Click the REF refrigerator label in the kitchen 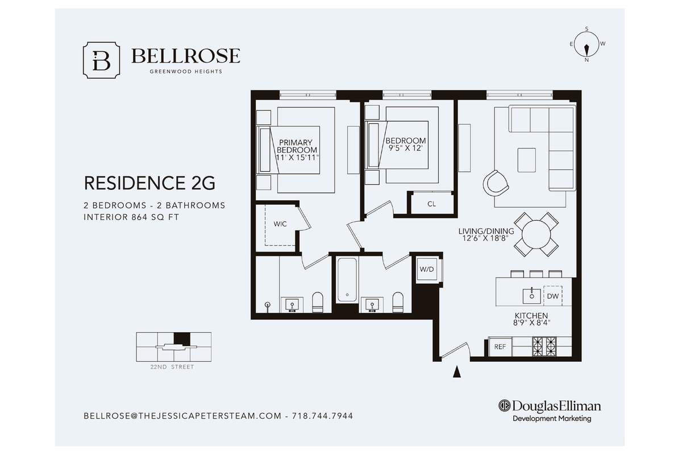pyautogui.click(x=500, y=346)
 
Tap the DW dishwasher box pyautogui.click(x=552, y=296)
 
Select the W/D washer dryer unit pyautogui.click(x=427, y=270)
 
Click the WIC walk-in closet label pyautogui.click(x=280, y=224)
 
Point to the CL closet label pyautogui.click(x=431, y=204)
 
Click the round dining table pyautogui.click(x=536, y=235)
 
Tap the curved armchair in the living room pyautogui.click(x=496, y=184)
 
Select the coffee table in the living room pyautogui.click(x=527, y=160)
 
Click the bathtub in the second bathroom pyautogui.click(x=347, y=280)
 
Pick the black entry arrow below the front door pyautogui.click(x=457, y=372)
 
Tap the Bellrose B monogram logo pyautogui.click(x=101, y=60)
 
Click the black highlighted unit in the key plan pyautogui.click(x=182, y=339)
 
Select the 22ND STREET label pyautogui.click(x=172, y=367)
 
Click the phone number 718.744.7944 pyautogui.click(x=322, y=416)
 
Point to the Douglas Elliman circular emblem pyautogui.click(x=504, y=406)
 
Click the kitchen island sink pyautogui.click(x=531, y=296)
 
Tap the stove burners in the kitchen pyautogui.click(x=544, y=346)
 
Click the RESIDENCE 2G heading pyautogui.click(x=149, y=183)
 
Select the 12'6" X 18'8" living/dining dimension pyautogui.click(x=485, y=238)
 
